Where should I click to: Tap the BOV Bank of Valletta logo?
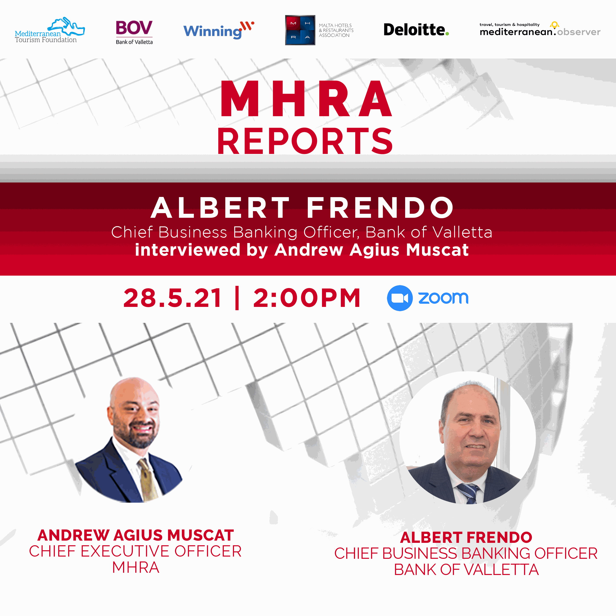(134, 32)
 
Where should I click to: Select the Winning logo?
(219, 30)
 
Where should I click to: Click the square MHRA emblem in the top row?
(300, 30)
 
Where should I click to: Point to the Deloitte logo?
(416, 30)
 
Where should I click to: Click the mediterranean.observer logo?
(540, 29)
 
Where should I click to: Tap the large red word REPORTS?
(305, 141)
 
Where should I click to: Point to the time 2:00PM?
(307, 298)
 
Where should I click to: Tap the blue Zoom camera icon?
(400, 298)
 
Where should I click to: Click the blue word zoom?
(443, 298)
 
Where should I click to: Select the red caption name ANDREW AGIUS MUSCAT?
(135, 535)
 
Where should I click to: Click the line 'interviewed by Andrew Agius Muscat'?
(302, 250)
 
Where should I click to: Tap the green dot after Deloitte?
(447, 33)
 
